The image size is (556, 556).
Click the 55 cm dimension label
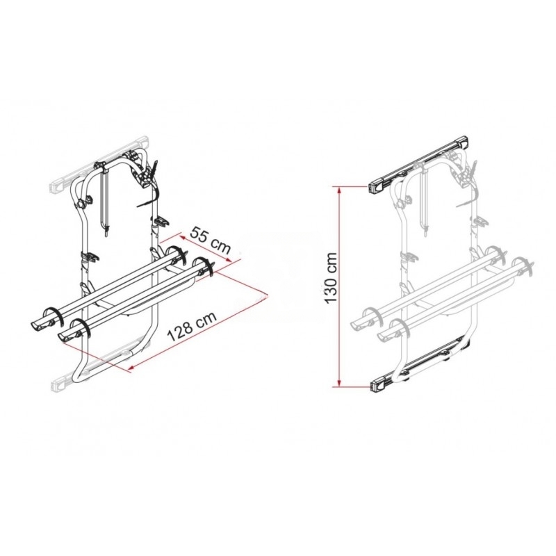point(211,240)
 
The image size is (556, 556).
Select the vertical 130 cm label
point(331,277)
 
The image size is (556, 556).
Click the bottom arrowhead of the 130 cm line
point(339,383)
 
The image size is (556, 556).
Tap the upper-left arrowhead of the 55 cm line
point(182,236)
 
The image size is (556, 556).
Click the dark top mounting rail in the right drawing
point(418,164)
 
